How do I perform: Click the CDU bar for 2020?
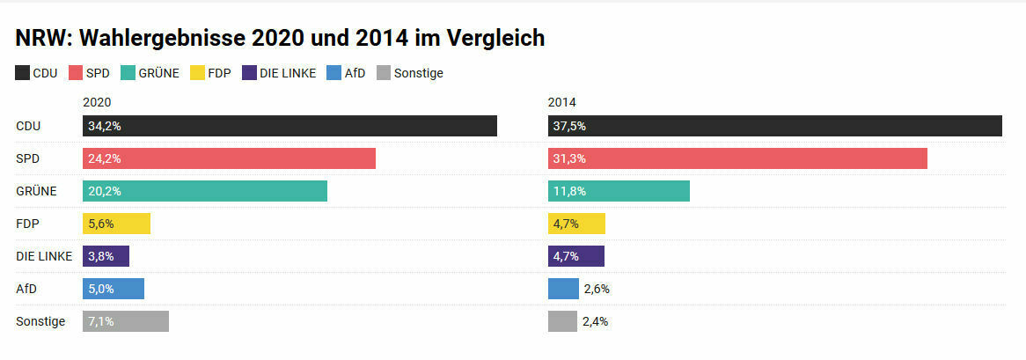tap(290, 126)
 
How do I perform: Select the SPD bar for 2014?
tap(737, 158)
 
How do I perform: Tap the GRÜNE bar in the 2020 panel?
tap(205, 191)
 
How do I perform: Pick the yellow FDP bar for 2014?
tap(576, 224)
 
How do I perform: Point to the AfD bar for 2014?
tap(563, 289)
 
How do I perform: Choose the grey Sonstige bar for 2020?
tap(126, 321)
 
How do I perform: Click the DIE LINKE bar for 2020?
tap(106, 256)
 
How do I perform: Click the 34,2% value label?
tap(104, 126)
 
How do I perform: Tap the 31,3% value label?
tap(569, 158)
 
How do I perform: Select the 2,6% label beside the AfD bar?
tap(596, 289)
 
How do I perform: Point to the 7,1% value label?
tap(101, 321)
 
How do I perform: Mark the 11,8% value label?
tap(569, 191)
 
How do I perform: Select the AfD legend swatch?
tap(333, 73)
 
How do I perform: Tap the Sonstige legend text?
tap(418, 73)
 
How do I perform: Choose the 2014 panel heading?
tap(561, 102)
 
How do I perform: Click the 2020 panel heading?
tap(97, 102)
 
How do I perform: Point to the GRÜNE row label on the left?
tap(36, 191)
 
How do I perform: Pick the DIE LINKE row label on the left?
tap(44, 256)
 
